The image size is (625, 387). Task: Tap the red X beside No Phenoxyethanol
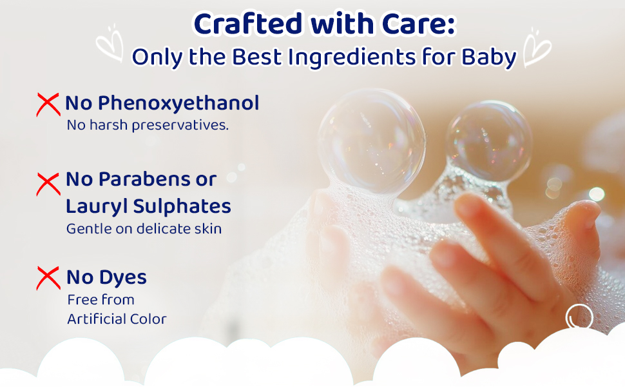[x=48, y=104]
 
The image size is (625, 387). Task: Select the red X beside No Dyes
[x=48, y=277]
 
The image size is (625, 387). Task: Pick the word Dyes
[x=123, y=277]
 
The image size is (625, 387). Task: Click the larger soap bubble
[x=372, y=141]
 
